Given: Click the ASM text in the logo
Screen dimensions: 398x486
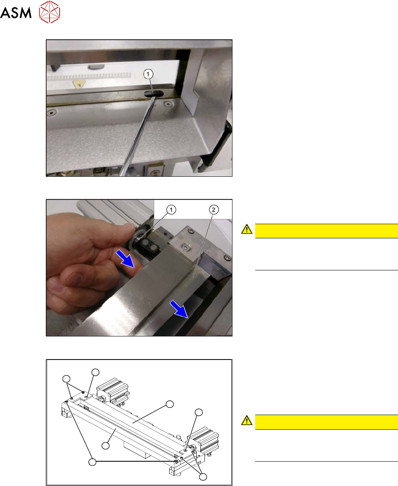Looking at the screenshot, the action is pos(16,13).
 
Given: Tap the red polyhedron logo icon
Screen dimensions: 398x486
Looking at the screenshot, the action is pos(49,12).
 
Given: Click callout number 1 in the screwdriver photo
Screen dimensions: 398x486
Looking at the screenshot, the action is pos(148,74).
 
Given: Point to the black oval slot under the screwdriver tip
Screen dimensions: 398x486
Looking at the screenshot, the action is pos(153,94).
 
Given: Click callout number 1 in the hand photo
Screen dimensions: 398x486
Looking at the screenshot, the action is pos(171,210).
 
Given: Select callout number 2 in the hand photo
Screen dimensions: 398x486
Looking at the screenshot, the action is pos(213,210).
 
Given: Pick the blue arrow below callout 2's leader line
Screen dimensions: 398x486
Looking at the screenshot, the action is pos(179,309).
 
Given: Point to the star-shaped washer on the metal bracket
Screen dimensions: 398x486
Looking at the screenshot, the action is pos(185,247).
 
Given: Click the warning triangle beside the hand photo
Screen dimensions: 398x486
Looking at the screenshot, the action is pos(247,229).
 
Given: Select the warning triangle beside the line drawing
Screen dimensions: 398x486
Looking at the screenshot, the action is pos(247,420).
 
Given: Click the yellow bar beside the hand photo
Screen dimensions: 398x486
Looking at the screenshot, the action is pos(326,231).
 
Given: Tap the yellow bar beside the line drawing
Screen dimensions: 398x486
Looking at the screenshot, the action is pos(326,422).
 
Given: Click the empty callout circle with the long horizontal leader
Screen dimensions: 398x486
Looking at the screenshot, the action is pos(92,462).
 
